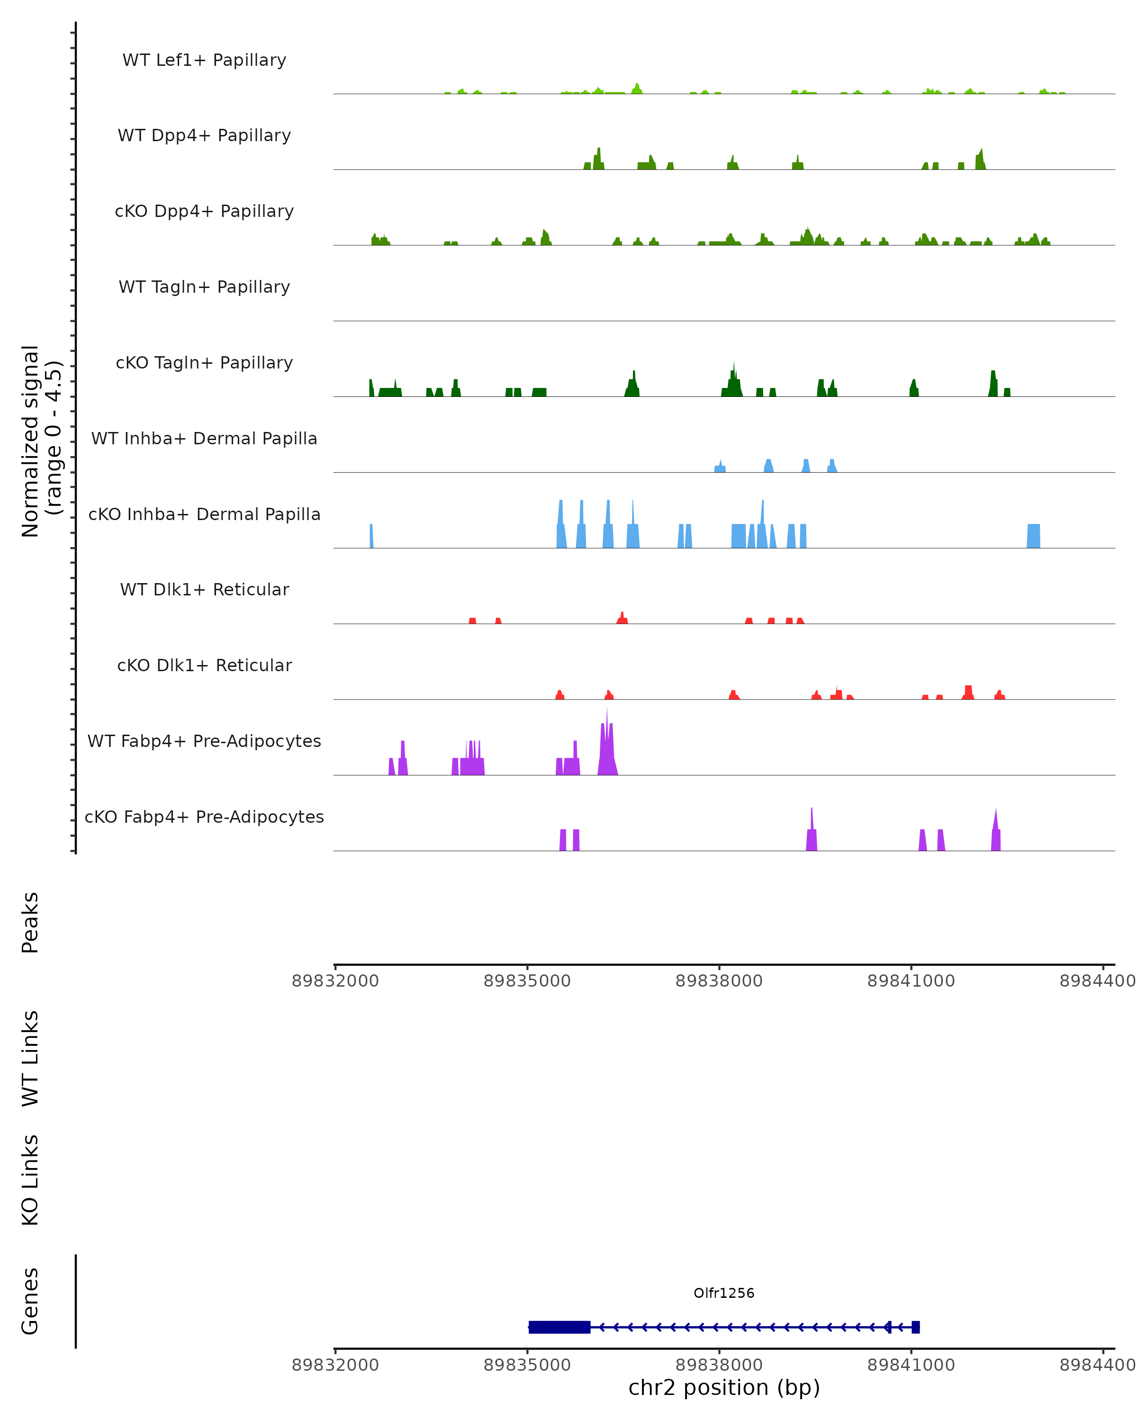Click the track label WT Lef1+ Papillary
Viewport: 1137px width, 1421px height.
point(204,61)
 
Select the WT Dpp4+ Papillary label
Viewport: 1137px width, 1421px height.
point(204,136)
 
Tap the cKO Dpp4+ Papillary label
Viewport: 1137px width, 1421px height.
point(204,212)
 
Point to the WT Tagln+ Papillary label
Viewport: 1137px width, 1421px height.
point(204,288)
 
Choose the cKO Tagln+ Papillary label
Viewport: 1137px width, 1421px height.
point(204,363)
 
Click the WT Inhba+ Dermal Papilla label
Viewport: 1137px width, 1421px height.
point(204,439)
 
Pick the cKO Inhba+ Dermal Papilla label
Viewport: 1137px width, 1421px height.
point(204,515)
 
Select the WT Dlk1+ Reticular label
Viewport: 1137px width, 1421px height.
point(204,590)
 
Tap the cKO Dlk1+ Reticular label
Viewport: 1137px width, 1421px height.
point(204,666)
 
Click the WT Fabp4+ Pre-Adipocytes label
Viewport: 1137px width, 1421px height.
point(204,741)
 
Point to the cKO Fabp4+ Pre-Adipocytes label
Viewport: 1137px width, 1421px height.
point(204,817)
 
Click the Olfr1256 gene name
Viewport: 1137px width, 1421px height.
point(724,1293)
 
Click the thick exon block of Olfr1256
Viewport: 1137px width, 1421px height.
point(559,1327)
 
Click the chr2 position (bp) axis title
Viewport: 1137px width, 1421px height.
point(724,1387)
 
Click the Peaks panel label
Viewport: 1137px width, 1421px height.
point(30,922)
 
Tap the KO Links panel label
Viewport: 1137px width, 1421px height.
point(30,1180)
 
